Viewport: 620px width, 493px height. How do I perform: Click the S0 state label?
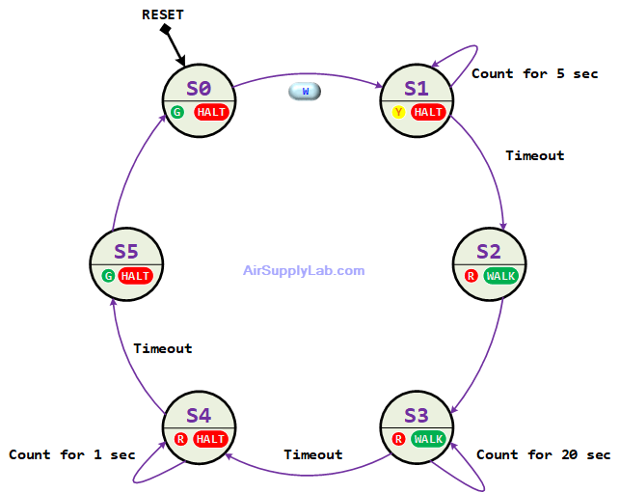[x=199, y=88]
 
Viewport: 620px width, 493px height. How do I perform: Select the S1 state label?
[x=416, y=88]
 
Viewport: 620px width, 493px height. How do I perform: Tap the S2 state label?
[x=489, y=252]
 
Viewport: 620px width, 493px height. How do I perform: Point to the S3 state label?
[x=416, y=415]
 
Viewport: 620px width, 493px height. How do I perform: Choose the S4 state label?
[x=199, y=415]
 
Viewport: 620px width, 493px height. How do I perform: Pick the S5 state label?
[x=126, y=252]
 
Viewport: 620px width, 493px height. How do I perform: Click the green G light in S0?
[x=177, y=112]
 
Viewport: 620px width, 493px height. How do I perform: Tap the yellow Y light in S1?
[x=398, y=112]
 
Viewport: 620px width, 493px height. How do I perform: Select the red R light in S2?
[x=471, y=276]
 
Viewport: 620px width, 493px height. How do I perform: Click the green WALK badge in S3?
[x=427, y=439]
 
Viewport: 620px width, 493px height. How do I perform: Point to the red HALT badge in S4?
[x=210, y=439]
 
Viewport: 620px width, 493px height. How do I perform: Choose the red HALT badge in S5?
[x=136, y=276]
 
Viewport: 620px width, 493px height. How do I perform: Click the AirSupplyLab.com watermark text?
[x=304, y=271]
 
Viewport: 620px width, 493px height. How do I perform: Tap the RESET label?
[x=163, y=14]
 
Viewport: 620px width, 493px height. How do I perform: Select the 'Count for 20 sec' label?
[x=543, y=454]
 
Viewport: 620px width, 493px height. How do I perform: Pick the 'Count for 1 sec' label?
[x=69, y=454]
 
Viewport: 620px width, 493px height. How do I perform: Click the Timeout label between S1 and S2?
[x=534, y=155]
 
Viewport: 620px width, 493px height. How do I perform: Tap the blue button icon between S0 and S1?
[x=305, y=91]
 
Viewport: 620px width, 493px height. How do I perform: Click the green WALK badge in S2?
[x=500, y=276]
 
